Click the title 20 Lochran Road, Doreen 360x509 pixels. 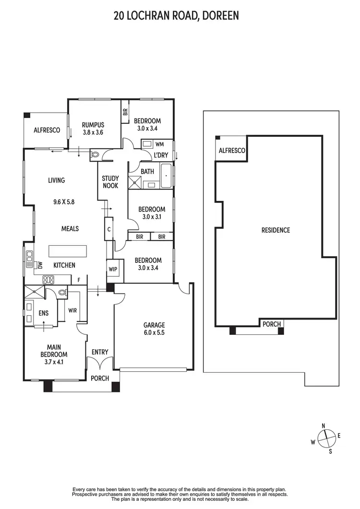pyautogui.click(x=176, y=16)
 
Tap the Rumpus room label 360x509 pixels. pyautogui.click(x=93, y=124)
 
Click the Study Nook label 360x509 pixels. pyautogui.click(x=110, y=182)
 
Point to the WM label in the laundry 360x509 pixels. pyautogui.click(x=159, y=143)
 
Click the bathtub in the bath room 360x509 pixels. pyautogui.click(x=166, y=177)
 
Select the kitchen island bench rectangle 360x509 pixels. pyautogui.click(x=67, y=251)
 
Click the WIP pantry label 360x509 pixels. pyautogui.click(x=113, y=269)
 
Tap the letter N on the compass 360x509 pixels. pyautogui.click(x=324, y=426)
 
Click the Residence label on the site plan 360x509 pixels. pyautogui.click(x=276, y=230)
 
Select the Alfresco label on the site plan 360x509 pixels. pyautogui.click(x=232, y=151)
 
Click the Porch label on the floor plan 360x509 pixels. pyautogui.click(x=100, y=378)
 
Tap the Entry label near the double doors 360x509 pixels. pyautogui.click(x=100, y=352)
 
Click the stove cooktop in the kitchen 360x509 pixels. pyautogui.click(x=49, y=279)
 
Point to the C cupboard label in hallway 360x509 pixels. pyautogui.click(x=109, y=229)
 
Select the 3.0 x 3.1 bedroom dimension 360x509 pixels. pyautogui.click(x=152, y=216)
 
